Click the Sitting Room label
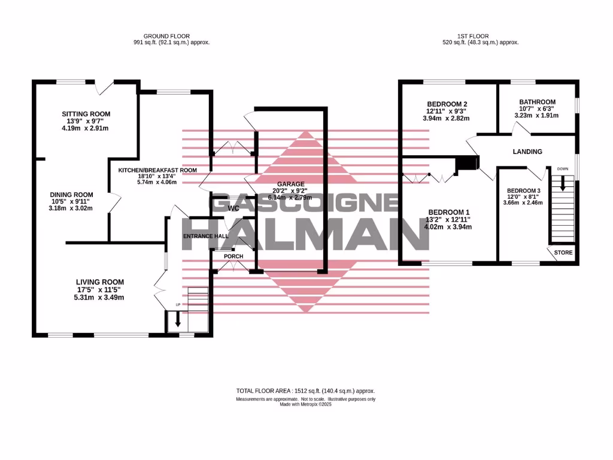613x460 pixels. pos(87,114)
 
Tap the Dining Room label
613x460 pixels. pos(71,194)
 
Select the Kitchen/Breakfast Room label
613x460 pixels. pos(157,170)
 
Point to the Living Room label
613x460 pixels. pos(99,282)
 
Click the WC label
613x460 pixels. pos(235,208)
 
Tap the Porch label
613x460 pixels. pos(233,256)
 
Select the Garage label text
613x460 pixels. pos(290,184)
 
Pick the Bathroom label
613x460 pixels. pos(537,102)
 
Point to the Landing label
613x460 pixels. pos(527,152)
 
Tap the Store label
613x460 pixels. pos(563,253)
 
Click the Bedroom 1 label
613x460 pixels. pos(448,212)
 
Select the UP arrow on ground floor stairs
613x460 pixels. pos(178,319)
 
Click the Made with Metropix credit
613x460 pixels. pos(305,404)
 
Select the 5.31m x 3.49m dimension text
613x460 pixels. pos(99,297)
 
